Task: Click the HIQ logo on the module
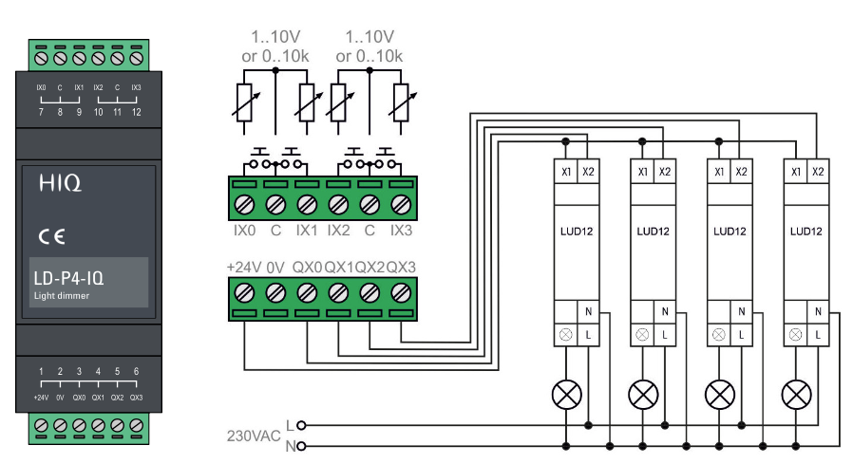60,183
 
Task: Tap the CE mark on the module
51,236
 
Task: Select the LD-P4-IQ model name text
68,278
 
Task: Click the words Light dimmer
62,295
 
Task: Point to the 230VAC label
254,436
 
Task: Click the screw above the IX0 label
244,205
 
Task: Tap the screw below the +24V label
244,293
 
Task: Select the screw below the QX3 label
401,293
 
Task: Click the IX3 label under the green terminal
401,231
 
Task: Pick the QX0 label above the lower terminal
308,268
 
